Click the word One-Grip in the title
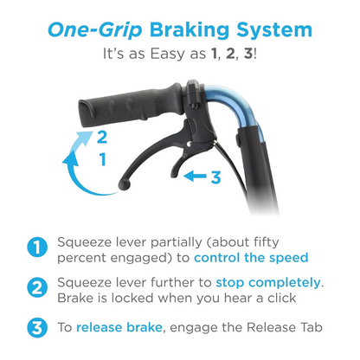point(95,30)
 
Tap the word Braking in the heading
point(190,30)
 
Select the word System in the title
point(274,30)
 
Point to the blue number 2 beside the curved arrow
point(102,137)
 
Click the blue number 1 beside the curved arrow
point(103,159)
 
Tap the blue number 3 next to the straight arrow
point(215,177)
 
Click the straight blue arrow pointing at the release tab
point(195,176)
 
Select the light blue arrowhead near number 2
point(84,137)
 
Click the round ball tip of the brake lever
point(125,185)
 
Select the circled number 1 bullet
point(37,247)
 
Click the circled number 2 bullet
point(37,287)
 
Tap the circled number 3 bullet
point(37,328)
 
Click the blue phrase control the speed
point(251,258)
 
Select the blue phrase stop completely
point(268,283)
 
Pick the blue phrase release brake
point(119,327)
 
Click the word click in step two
point(282,298)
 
